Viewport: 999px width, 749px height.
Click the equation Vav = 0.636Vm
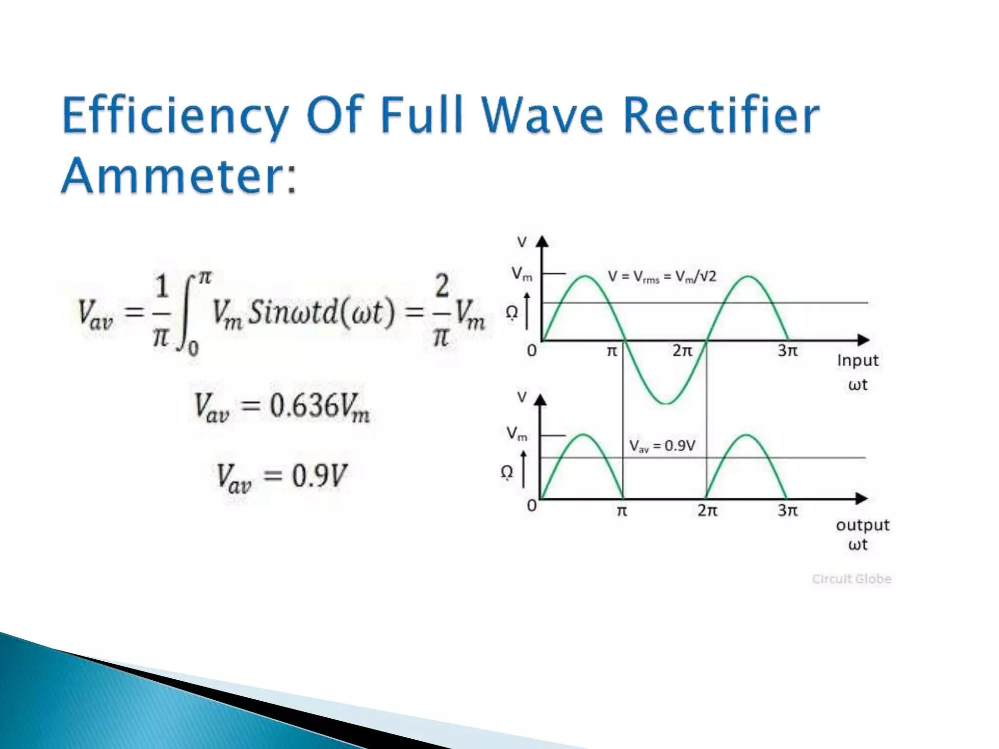[281, 407]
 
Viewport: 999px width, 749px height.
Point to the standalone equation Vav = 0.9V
[281, 476]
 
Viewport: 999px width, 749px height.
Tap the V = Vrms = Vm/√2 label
[662, 277]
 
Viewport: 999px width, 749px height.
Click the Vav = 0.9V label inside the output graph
[662, 446]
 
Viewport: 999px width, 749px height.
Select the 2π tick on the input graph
[682, 351]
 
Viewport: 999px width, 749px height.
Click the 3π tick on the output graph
[787, 511]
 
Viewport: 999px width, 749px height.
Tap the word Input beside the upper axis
[858, 361]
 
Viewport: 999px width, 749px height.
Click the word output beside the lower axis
[862, 525]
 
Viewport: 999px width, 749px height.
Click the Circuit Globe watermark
[852, 579]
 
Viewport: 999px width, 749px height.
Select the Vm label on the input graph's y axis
[521, 274]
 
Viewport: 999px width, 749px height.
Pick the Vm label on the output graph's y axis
[517, 434]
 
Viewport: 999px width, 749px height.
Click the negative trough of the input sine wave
[665, 403]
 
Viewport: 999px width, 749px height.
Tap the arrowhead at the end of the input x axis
[863, 340]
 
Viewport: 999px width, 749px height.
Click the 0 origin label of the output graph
[532, 506]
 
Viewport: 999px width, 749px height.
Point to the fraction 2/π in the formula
[441, 311]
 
